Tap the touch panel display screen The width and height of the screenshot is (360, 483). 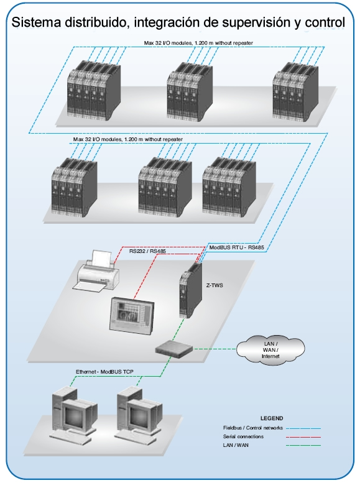(132, 315)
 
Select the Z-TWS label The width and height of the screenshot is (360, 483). (215, 285)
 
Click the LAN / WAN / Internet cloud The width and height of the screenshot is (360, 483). (270, 350)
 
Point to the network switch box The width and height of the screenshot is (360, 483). (174, 348)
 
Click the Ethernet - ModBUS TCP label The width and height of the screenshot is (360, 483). (104, 372)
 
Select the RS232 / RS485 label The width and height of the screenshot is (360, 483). (147, 251)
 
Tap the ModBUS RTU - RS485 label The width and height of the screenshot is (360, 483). (236, 247)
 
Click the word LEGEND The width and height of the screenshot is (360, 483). (272, 418)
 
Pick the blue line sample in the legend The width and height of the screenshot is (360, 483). (303, 428)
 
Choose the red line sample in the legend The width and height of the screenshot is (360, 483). (303, 437)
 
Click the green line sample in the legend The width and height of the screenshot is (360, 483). (303, 445)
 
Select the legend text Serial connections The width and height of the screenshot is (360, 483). (243, 436)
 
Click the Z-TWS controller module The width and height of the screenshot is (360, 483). (191, 290)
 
